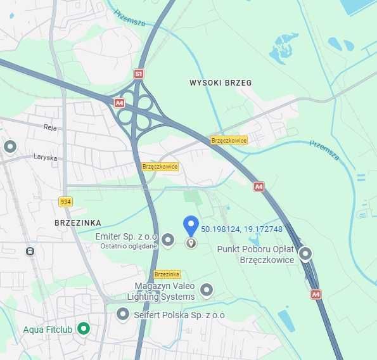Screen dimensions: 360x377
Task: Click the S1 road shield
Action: [x=139, y=74]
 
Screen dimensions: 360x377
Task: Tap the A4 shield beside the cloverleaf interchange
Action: [x=119, y=102]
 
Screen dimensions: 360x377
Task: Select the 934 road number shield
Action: [x=65, y=202]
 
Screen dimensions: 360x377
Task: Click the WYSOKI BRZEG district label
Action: [x=220, y=83]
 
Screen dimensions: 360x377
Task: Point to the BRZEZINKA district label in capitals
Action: [x=78, y=223]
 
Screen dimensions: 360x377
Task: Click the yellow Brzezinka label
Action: [x=167, y=274]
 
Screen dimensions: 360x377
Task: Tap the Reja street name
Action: [x=50, y=127]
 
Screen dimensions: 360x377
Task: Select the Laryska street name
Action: [x=45, y=157]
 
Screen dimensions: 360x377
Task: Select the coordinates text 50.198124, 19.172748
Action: [x=241, y=228]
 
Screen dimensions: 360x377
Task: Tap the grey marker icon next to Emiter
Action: [x=168, y=240]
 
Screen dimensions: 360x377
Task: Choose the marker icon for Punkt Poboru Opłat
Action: [x=305, y=254]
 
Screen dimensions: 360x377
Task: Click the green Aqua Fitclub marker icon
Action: [x=83, y=328]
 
